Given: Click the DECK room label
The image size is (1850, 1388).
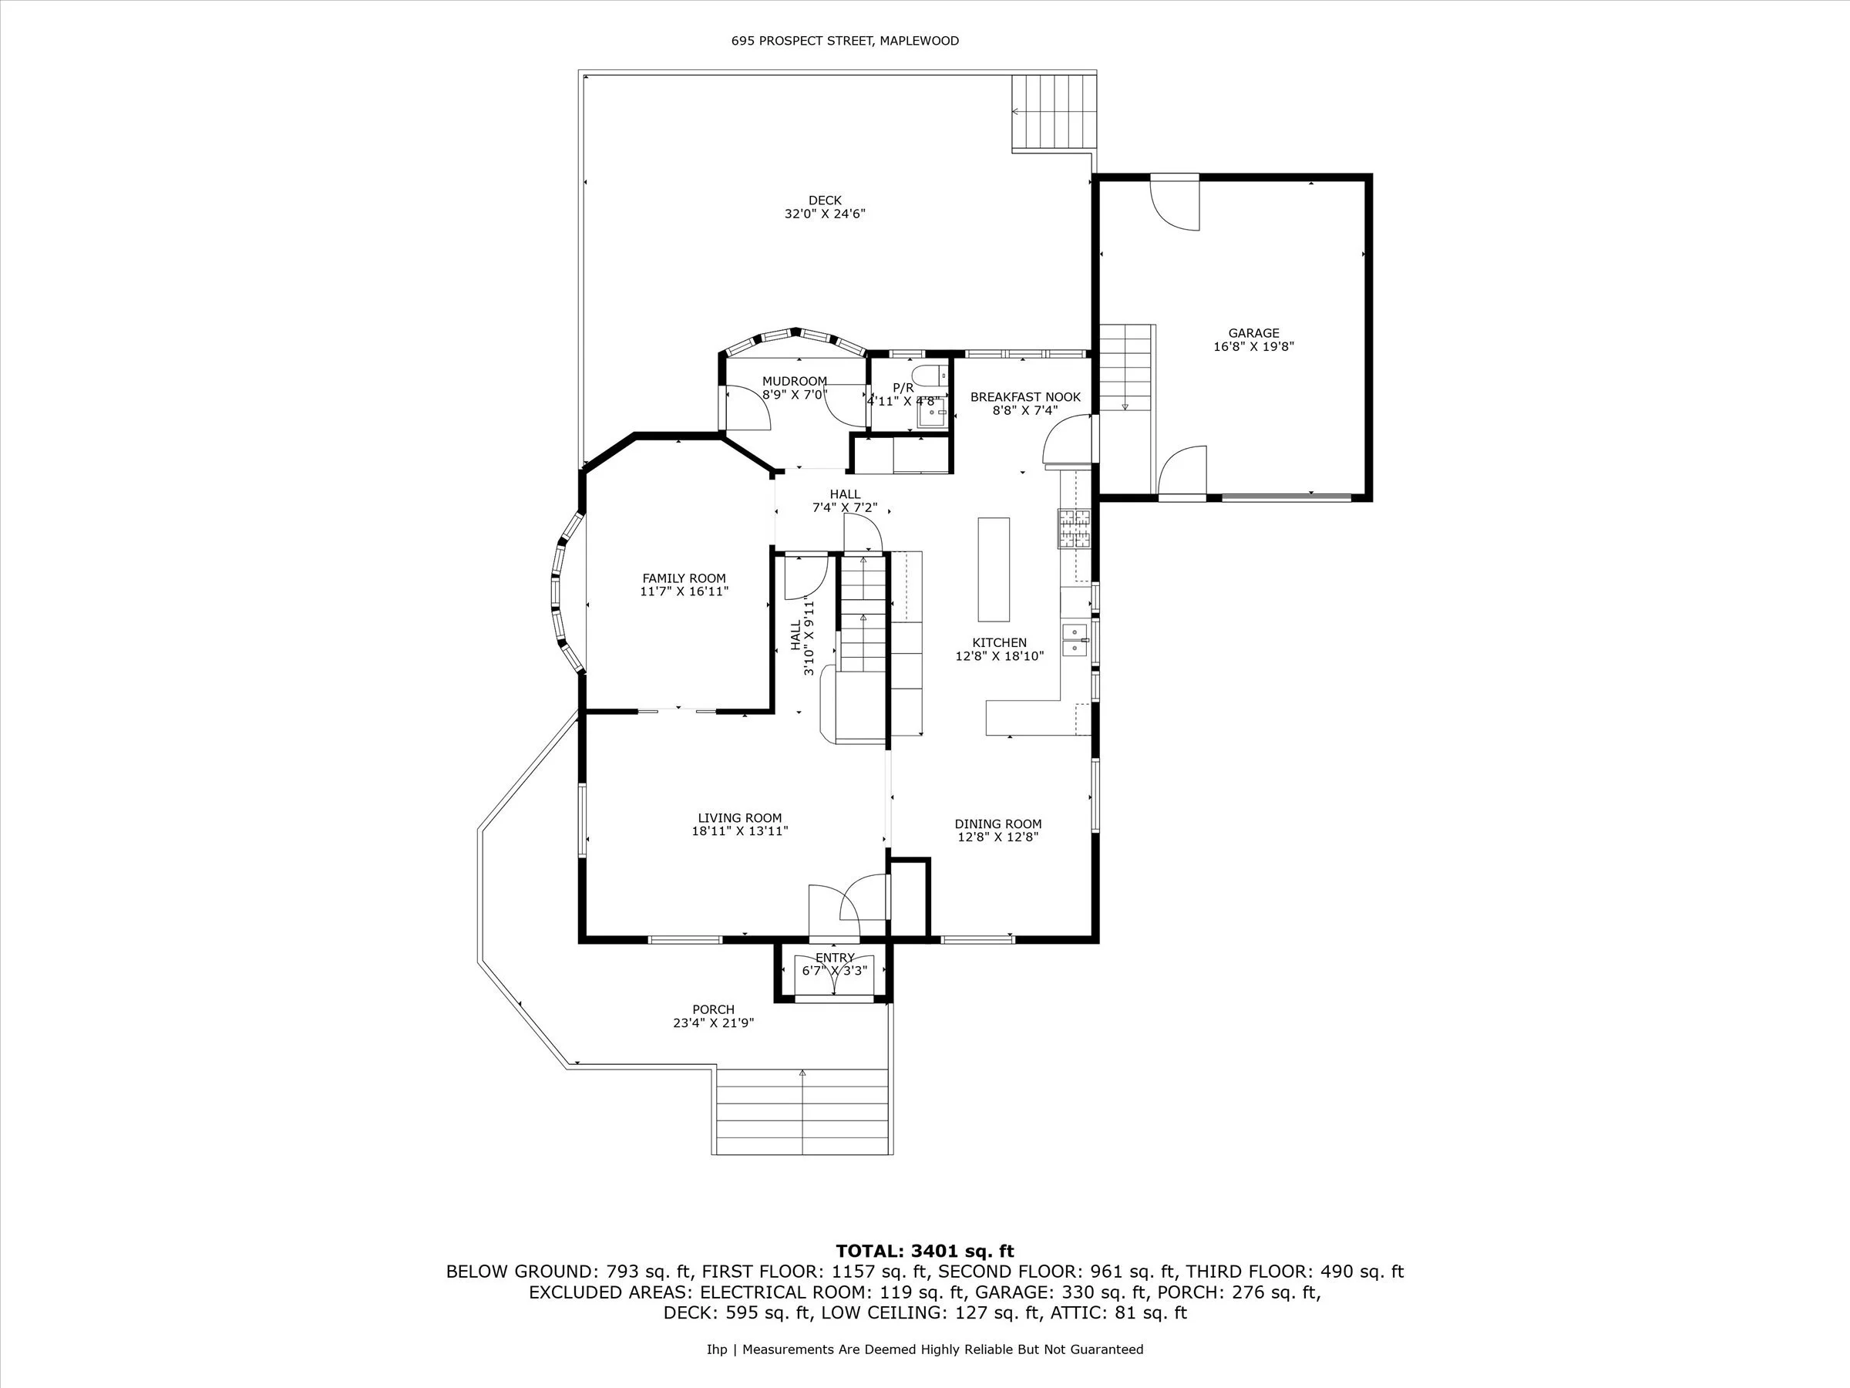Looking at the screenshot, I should pyautogui.click(x=825, y=200).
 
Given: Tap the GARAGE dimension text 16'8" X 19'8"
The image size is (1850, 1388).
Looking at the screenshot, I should pyautogui.click(x=1253, y=346).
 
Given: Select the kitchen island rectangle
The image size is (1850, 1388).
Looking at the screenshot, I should pyautogui.click(x=994, y=569).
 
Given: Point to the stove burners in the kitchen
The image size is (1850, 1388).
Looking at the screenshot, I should pyautogui.click(x=1075, y=528).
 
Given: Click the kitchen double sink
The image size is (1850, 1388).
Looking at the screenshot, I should pyautogui.click(x=1075, y=640).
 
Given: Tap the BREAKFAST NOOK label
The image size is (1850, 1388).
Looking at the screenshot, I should pyautogui.click(x=1025, y=397).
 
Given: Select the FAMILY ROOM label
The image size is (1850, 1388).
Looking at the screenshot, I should pyautogui.click(x=684, y=578).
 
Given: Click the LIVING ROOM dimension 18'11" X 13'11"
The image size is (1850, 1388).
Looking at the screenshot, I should pyautogui.click(x=740, y=831).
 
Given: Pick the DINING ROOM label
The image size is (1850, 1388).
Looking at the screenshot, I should pyautogui.click(x=997, y=824).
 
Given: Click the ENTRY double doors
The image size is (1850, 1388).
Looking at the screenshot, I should pyautogui.click(x=835, y=975).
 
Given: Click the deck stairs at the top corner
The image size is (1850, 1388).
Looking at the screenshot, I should pyautogui.click(x=1054, y=112).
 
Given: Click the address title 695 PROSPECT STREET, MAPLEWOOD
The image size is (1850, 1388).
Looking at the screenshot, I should pyautogui.click(x=845, y=40).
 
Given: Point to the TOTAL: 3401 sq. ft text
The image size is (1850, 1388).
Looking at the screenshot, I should pyautogui.click(x=925, y=1252).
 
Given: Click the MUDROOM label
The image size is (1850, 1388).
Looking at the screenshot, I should pyautogui.click(x=795, y=382).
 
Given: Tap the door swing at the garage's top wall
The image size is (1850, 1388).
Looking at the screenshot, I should pyautogui.click(x=1176, y=204).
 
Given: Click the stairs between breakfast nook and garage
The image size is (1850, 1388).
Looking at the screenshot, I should pyautogui.click(x=1125, y=367).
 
